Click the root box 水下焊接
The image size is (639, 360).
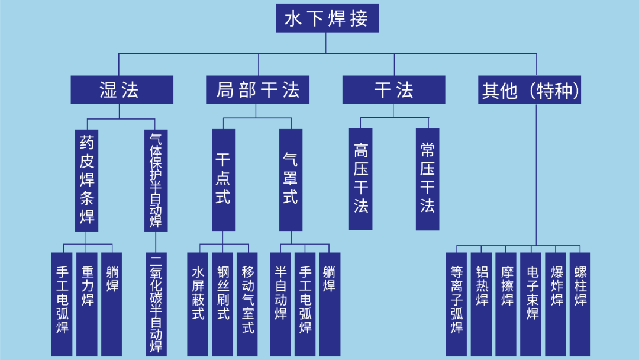(327, 18)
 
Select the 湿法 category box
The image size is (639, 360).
(122, 90)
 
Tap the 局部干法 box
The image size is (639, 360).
(258, 90)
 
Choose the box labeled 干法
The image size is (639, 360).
(393, 90)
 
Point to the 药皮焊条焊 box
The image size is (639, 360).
(86, 179)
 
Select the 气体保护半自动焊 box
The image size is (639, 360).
(156, 179)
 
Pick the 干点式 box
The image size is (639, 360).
(224, 179)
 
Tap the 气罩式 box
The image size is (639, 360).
(291, 179)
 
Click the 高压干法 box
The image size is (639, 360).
(360, 179)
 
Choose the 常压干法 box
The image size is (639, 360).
(427, 179)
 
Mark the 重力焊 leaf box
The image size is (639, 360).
(87, 304)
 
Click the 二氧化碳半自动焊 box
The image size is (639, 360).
(156, 304)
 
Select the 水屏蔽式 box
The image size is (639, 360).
(198, 304)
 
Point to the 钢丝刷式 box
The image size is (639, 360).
(222, 304)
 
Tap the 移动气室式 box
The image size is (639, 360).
(247, 304)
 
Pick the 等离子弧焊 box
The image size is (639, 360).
(456, 304)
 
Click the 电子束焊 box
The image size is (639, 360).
(531, 304)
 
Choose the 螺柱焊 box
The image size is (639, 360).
(580, 304)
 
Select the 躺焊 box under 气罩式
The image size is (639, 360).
(330, 304)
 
